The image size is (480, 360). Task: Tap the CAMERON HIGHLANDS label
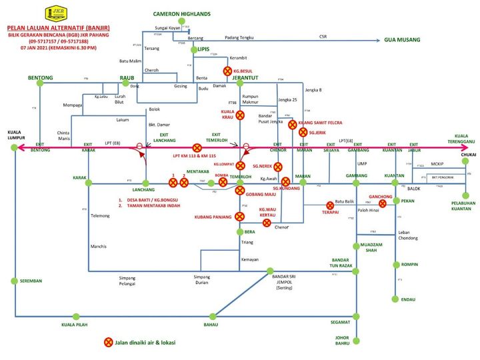point(181,13)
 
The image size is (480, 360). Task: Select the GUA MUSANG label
point(402,40)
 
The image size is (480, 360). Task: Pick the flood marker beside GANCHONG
point(383,204)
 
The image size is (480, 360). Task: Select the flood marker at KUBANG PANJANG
point(240,216)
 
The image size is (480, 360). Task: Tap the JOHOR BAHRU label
point(347,341)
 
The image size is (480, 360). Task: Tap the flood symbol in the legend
point(108,343)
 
